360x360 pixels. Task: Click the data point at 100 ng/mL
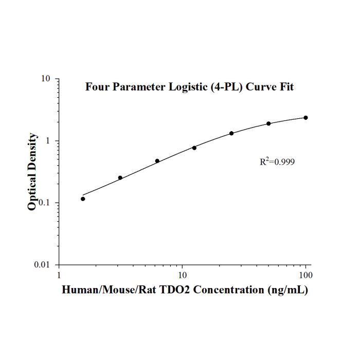[x=305, y=118]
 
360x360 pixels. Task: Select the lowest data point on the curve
[x=83, y=199]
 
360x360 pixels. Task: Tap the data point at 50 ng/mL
[x=268, y=123]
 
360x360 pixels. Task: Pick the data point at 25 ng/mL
[x=231, y=133]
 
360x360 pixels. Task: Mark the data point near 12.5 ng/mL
[x=194, y=148]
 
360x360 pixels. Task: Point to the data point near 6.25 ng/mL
[x=157, y=161]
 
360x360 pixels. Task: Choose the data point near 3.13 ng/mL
[x=120, y=178]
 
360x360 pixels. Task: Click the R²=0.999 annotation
[x=277, y=161]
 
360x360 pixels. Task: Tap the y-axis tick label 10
[x=45, y=79]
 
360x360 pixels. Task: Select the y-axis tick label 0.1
[x=44, y=203]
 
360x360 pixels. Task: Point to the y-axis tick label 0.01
[x=42, y=265]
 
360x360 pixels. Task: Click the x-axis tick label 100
[x=305, y=275]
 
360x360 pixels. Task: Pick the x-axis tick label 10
[x=182, y=275]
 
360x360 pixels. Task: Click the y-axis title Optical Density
[x=32, y=171]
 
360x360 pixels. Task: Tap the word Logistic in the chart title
[x=188, y=87]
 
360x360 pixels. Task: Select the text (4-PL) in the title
[x=227, y=87]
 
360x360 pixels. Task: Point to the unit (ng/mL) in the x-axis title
[x=287, y=290]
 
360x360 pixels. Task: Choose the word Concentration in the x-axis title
[x=229, y=290]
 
